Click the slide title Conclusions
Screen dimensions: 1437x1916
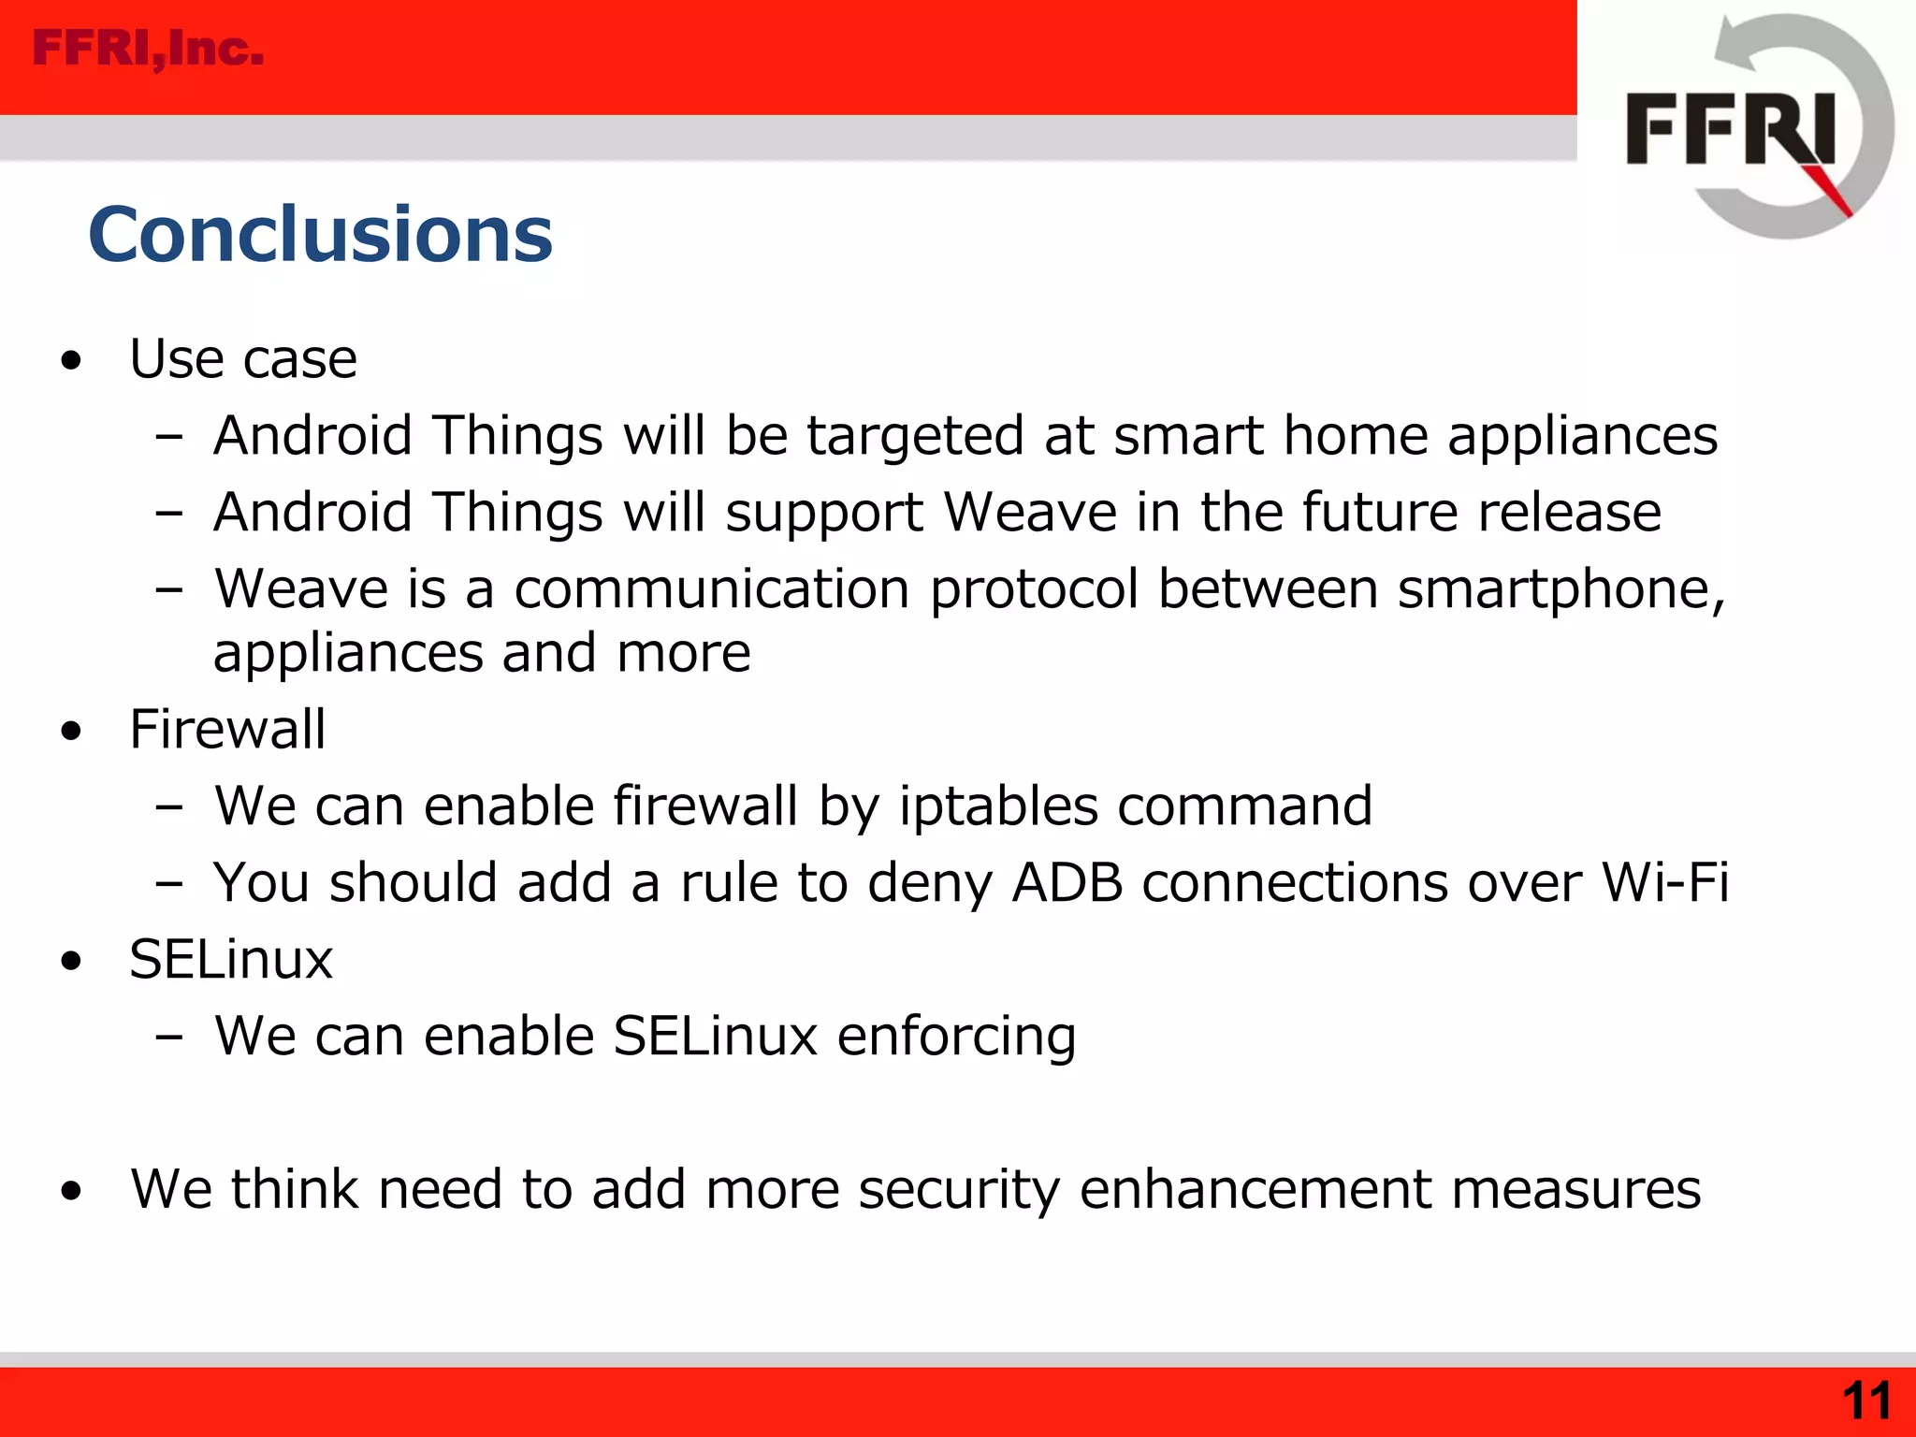click(x=320, y=234)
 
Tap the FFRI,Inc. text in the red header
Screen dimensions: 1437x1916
click(x=148, y=49)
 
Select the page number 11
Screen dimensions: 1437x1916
click(x=1865, y=1401)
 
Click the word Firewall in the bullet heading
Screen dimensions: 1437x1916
click(x=227, y=729)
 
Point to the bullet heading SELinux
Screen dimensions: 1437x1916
click(x=231, y=959)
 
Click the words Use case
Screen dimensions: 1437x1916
click(x=243, y=358)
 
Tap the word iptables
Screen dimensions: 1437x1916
click(x=997, y=806)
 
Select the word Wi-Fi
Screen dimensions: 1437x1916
click(x=1664, y=882)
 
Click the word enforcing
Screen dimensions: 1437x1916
click(x=956, y=1037)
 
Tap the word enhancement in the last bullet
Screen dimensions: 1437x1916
click(x=1255, y=1190)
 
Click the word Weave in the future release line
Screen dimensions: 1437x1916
click(x=1029, y=513)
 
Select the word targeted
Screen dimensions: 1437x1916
click(x=915, y=437)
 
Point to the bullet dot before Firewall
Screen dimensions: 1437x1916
click(x=71, y=732)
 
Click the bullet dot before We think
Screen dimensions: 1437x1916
click(x=71, y=1192)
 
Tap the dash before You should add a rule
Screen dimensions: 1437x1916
click(x=169, y=883)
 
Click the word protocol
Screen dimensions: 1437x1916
click(x=1034, y=590)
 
